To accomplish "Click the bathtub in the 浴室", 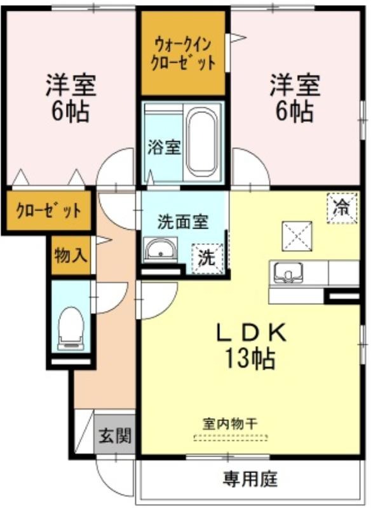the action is click(202, 142).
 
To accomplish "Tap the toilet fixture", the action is click(71, 328).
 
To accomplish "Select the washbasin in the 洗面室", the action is click(160, 249).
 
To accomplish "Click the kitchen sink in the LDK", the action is click(288, 272).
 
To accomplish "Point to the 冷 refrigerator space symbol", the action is click(342, 208).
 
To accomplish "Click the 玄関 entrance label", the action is click(115, 435).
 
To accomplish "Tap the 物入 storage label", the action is click(71, 255).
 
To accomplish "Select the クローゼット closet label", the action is click(48, 211).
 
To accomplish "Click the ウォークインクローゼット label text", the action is click(183, 53).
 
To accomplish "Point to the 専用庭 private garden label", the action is click(250, 479).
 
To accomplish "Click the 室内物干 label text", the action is click(230, 424).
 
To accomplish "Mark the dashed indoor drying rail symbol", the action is click(231, 438).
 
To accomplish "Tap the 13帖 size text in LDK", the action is click(250, 358).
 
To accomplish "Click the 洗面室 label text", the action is click(183, 222).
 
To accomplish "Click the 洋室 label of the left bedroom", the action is click(71, 85).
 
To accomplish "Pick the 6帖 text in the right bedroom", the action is click(295, 111).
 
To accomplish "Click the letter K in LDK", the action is click(276, 333).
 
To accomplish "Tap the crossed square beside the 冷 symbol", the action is click(297, 236).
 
